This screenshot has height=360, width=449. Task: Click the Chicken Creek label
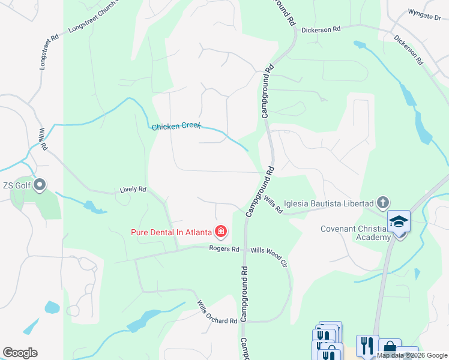176,127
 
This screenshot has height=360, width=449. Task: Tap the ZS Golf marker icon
40,185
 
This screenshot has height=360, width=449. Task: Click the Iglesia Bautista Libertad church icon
384,203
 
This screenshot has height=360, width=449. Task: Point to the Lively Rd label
133,190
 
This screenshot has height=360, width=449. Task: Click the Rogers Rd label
224,249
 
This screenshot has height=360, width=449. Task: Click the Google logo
20,353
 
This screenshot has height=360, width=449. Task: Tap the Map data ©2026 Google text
412,355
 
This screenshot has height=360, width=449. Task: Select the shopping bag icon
390,347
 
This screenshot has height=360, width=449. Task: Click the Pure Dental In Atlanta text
172,232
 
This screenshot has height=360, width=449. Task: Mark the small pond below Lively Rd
94,208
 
